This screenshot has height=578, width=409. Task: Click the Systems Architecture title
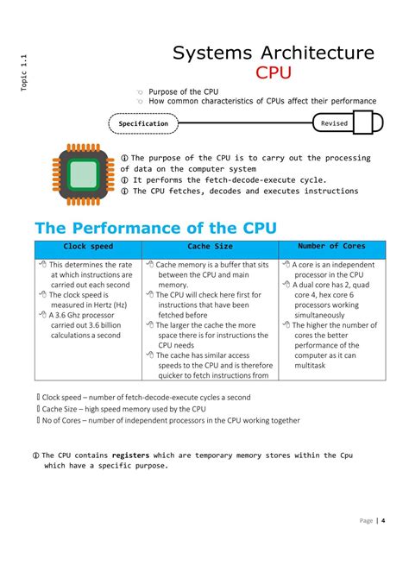pos(274,53)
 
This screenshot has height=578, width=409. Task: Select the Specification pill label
pos(143,123)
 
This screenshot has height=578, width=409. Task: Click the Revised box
pos(334,123)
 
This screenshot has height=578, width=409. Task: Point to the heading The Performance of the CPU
pos(155,228)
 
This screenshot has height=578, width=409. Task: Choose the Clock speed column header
pos(88,247)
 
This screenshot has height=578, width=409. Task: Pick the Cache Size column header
pos(211,247)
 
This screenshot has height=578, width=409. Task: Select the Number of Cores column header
pos(330,247)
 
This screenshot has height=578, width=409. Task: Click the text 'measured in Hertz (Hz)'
pos(88,305)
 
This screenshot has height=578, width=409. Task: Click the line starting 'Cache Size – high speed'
pos(124,409)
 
